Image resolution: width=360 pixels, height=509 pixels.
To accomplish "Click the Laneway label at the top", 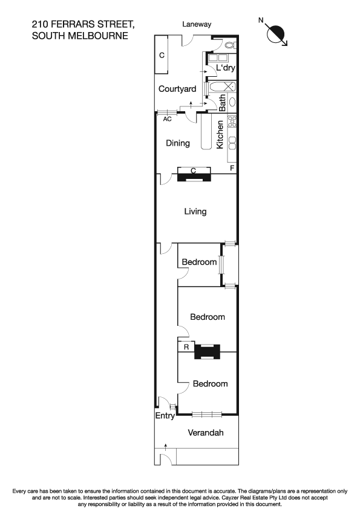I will click(x=197, y=24).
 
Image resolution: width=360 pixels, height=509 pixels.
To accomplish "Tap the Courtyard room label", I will click(x=177, y=89).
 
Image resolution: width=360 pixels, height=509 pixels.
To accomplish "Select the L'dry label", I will click(x=225, y=69).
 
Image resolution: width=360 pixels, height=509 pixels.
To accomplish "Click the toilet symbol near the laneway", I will click(x=228, y=45).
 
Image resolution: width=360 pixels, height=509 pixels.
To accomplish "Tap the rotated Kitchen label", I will click(x=220, y=135).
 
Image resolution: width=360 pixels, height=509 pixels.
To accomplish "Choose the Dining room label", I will click(x=178, y=143).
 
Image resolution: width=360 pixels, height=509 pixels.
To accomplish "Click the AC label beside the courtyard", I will click(x=168, y=119).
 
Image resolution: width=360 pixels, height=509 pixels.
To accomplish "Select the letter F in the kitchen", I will click(x=232, y=167).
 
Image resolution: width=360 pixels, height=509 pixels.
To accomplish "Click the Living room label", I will click(x=195, y=212).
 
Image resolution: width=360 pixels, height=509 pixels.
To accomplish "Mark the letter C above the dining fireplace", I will click(x=193, y=171).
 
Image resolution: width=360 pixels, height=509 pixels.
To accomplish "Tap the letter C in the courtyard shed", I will click(x=162, y=56).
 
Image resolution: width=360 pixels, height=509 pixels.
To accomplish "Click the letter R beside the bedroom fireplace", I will click(x=186, y=348).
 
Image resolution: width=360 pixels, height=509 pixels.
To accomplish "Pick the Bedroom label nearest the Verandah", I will click(x=210, y=384).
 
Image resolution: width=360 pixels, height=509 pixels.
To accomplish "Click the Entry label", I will click(x=165, y=416).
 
